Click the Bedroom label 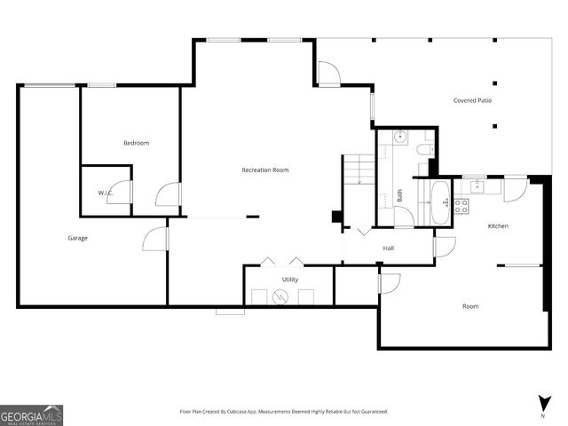pyautogui.click(x=136, y=143)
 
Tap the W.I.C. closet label pyautogui.click(x=104, y=193)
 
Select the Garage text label pyautogui.click(x=78, y=238)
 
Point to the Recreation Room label pyautogui.click(x=265, y=170)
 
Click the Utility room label pyautogui.click(x=290, y=280)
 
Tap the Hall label pyautogui.click(x=389, y=248)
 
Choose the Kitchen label pyautogui.click(x=498, y=226)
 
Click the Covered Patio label pyautogui.click(x=472, y=100)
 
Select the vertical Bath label pyautogui.click(x=400, y=195)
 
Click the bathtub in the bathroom pyautogui.click(x=441, y=203)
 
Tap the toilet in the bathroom pyautogui.click(x=425, y=149)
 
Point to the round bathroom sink pyautogui.click(x=400, y=138)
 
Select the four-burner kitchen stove pyautogui.click(x=461, y=207)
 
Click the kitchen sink pyautogui.click(x=478, y=185)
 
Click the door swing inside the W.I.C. pyautogui.click(x=119, y=193)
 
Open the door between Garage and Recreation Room pyautogui.click(x=154, y=238)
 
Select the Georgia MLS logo pyautogui.click(x=31, y=415)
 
